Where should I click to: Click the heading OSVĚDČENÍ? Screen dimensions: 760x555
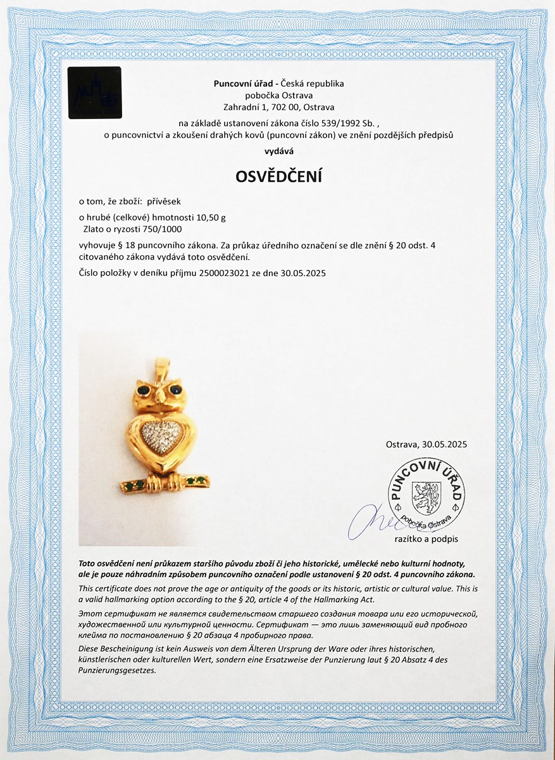click(278, 177)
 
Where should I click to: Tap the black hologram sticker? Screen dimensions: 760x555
click(94, 92)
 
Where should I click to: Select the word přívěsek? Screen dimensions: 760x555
click(163, 201)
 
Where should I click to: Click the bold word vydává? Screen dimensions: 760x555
click(278, 151)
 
